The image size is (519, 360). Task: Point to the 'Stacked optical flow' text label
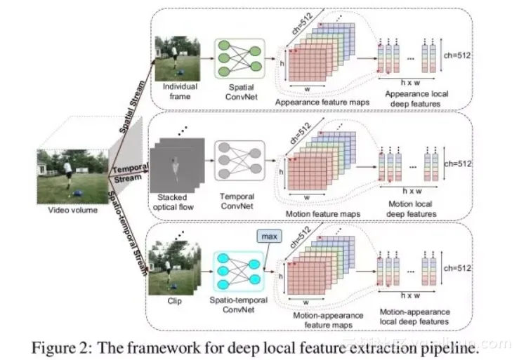pos(176,202)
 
